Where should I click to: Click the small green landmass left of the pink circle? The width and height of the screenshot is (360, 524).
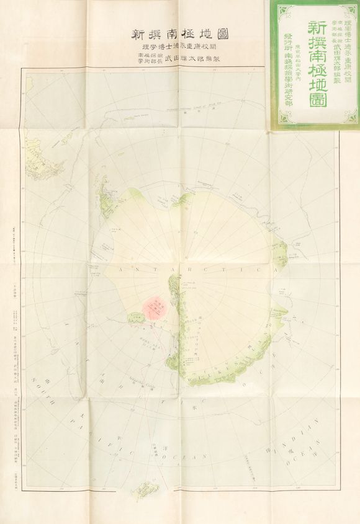[135, 317]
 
